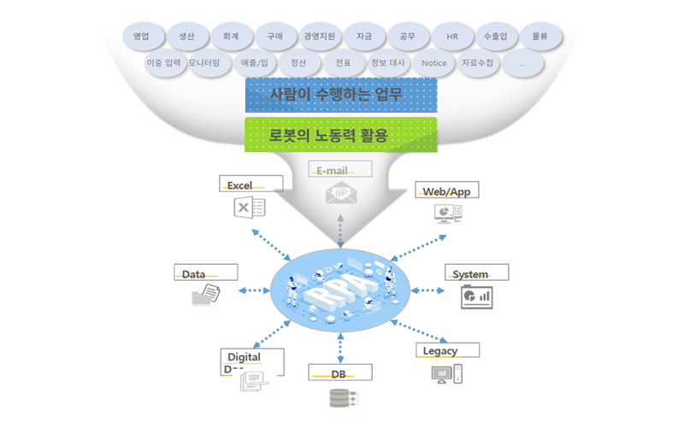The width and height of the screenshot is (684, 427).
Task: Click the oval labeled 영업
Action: [x=141, y=38]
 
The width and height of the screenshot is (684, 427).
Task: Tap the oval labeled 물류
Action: [x=540, y=38]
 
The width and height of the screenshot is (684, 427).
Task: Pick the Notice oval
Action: [x=434, y=63]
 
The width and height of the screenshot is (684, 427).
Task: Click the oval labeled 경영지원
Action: [x=320, y=38]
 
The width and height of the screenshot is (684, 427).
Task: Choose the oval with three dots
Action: [x=522, y=63]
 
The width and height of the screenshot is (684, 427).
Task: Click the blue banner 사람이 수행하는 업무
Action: [x=341, y=95]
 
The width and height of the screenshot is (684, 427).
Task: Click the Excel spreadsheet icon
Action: [x=250, y=208]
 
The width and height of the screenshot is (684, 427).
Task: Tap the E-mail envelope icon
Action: [x=339, y=194]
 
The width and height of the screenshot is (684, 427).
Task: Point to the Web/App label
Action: [x=445, y=190]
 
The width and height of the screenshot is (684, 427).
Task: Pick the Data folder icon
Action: [x=206, y=295]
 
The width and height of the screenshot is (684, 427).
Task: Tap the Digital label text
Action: [x=244, y=356]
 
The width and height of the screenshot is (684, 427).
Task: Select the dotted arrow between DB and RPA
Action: [x=341, y=347]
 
